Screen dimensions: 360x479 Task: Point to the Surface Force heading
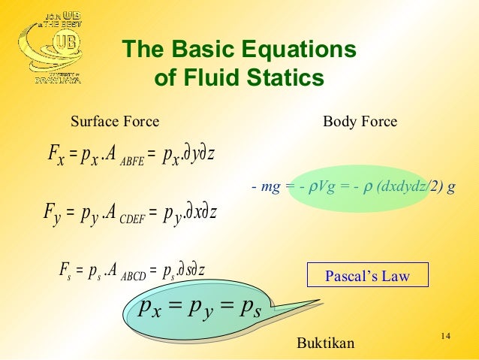(114, 122)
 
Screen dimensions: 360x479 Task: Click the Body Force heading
(360, 122)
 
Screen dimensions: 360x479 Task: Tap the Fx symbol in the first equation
(56, 156)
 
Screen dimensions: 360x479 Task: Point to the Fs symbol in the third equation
(65, 268)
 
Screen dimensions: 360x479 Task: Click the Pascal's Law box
(367, 276)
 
